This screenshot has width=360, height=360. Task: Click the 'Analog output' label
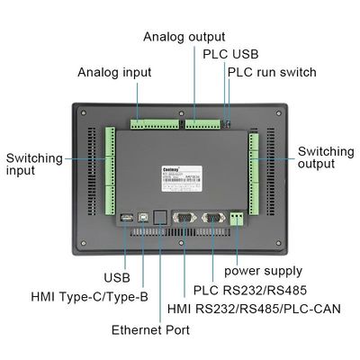coord(184,37)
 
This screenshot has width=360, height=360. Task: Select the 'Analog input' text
coord(113,72)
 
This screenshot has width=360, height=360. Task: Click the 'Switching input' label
coord(33,166)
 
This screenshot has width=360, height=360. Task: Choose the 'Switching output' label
coord(325,158)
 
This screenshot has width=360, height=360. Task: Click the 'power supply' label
coord(263,270)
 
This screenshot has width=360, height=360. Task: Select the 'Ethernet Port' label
coord(150,330)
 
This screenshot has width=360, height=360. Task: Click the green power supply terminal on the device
coord(238,218)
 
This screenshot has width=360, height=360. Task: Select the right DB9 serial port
coord(211,217)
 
